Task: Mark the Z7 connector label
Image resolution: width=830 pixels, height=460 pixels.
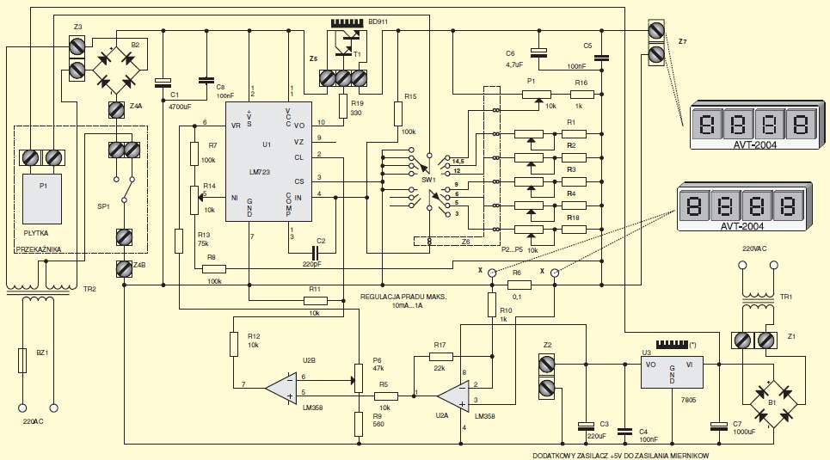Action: (683, 42)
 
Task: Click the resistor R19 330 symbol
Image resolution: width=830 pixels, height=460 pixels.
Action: (343, 106)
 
